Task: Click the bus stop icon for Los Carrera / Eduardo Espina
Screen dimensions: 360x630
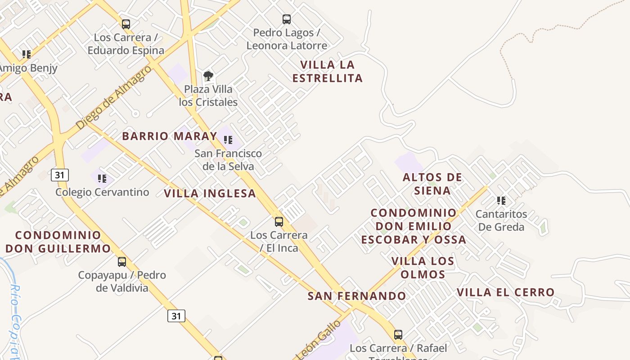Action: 126,24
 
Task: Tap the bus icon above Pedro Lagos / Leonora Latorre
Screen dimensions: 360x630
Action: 287,19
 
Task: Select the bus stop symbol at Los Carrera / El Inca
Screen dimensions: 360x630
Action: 279,222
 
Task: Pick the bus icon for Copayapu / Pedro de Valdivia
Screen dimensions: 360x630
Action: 122,262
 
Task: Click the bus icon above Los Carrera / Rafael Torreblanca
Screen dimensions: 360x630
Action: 398,335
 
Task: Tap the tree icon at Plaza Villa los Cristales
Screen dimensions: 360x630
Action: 208,76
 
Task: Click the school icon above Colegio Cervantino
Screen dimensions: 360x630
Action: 102,179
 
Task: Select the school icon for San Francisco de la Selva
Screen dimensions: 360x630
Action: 228,140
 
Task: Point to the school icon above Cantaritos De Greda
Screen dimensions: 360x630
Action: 501,201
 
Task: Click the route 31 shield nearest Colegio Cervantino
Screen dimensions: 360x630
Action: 60,175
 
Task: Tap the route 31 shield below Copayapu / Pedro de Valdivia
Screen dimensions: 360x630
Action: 176,316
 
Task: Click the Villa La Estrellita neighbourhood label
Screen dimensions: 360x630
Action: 328,72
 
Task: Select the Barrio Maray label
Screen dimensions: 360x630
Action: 170,136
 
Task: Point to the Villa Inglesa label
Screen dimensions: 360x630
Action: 210,193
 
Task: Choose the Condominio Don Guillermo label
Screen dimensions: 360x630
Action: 58,242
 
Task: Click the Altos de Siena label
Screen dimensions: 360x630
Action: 432,184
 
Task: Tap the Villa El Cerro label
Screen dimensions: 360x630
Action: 505,292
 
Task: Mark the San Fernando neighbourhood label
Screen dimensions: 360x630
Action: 357,296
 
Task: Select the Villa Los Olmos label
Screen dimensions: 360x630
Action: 423,268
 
